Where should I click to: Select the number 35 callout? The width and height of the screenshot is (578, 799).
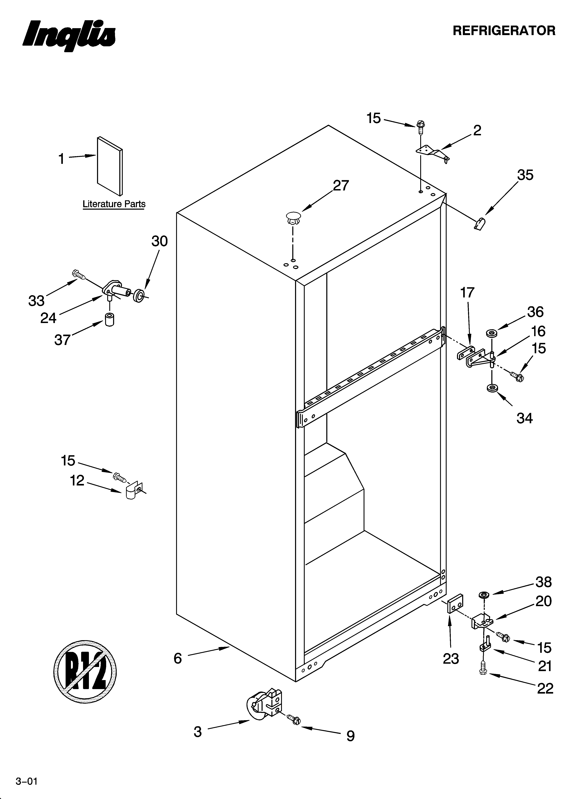tap(525, 175)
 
